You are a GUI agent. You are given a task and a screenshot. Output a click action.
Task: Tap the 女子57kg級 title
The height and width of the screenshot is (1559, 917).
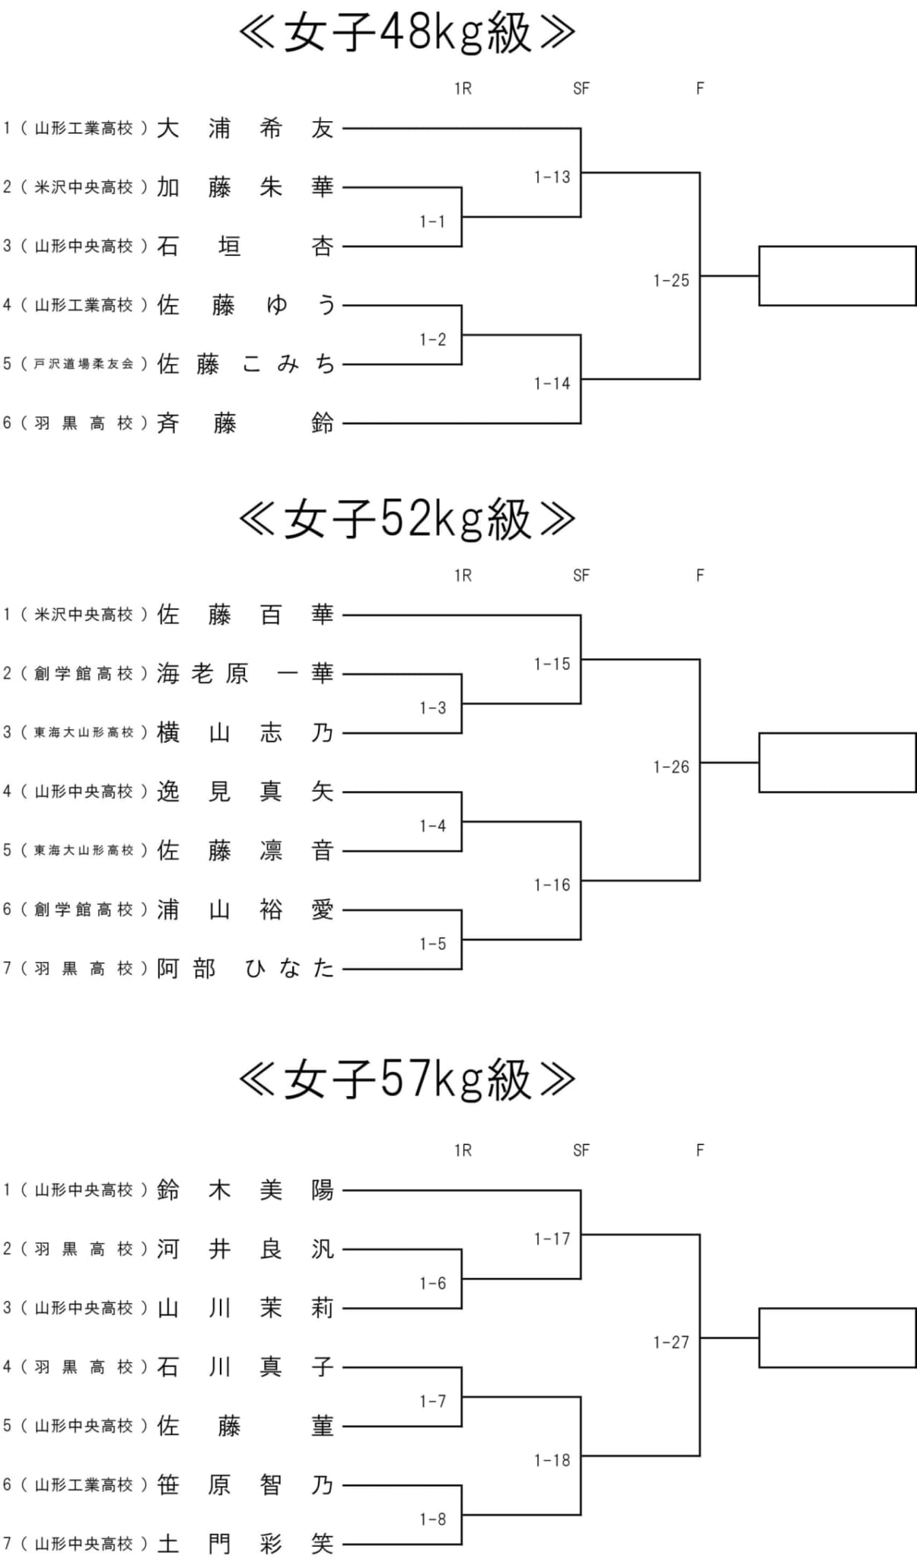[407, 1079]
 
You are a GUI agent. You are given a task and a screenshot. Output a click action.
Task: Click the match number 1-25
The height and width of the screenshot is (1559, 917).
[670, 280]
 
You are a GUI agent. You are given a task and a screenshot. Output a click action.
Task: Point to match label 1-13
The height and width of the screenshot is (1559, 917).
[552, 177]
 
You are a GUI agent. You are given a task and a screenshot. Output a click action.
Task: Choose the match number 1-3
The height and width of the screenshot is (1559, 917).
[432, 708]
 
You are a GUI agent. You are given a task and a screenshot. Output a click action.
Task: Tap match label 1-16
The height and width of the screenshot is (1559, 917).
[552, 885]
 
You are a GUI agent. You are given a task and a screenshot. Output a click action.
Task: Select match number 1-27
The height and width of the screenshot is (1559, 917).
[670, 1342]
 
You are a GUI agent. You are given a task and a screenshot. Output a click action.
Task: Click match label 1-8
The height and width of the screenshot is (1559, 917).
[432, 1519]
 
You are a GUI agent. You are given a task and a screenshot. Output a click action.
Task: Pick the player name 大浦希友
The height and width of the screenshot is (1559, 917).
[245, 128]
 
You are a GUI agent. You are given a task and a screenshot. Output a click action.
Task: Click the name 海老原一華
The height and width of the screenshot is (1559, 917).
[245, 674]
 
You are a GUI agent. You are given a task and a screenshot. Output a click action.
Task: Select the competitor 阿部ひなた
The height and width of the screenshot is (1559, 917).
[245, 968]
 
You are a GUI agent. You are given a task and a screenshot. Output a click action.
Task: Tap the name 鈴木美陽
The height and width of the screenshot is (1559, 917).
[245, 1190]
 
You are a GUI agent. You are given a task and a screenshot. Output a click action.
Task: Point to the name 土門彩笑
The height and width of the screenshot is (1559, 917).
[245, 1543]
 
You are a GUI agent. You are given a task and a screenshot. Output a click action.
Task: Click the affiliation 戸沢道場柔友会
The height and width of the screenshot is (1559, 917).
[84, 364]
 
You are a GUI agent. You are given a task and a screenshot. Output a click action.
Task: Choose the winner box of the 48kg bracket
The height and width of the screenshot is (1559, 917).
[837, 276]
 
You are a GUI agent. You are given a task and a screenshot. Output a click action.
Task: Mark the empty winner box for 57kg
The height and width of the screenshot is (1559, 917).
[837, 1337]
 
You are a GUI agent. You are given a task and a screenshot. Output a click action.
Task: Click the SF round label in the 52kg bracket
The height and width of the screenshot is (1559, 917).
[581, 575]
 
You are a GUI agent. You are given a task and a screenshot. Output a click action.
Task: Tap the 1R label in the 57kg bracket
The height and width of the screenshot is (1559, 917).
[463, 1150]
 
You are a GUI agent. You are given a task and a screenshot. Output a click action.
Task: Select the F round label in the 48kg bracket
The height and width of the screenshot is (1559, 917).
[700, 88]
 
